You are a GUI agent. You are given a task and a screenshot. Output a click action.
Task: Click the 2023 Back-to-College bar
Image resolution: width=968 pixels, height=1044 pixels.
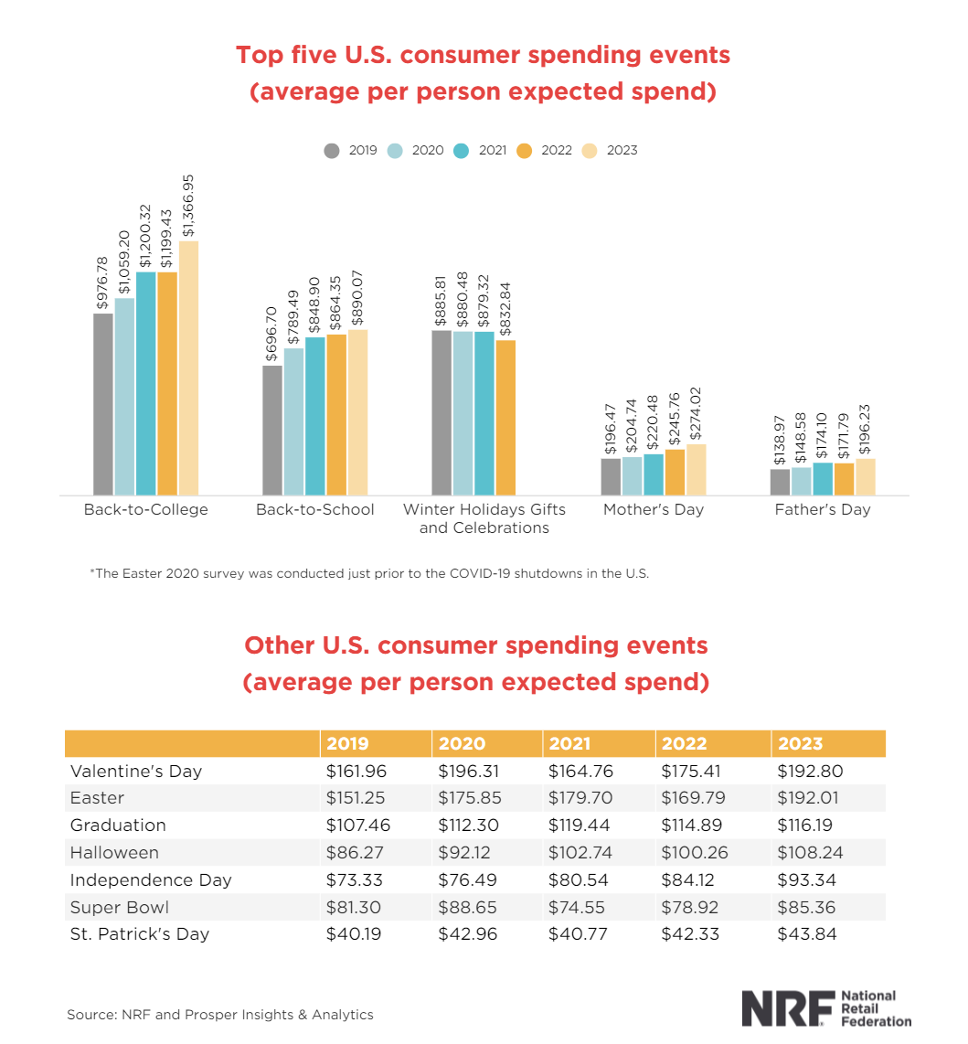(x=188, y=368)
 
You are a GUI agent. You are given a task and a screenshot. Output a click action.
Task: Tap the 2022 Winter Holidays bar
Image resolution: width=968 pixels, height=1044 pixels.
(x=505, y=417)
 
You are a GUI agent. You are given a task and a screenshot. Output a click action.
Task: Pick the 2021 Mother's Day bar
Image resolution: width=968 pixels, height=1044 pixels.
(x=654, y=474)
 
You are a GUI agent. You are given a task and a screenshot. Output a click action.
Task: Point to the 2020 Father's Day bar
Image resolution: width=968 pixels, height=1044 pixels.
(x=802, y=481)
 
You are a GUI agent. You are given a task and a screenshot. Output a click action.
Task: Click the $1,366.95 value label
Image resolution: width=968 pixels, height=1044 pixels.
(x=188, y=207)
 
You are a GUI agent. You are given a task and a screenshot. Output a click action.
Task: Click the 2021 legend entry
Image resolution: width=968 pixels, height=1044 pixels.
(x=481, y=150)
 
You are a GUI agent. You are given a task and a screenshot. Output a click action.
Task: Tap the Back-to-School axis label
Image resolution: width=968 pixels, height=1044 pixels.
(x=315, y=509)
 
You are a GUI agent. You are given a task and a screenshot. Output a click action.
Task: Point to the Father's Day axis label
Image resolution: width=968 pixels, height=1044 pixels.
(x=823, y=509)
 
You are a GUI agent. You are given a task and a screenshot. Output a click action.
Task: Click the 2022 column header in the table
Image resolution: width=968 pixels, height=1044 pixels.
(x=684, y=743)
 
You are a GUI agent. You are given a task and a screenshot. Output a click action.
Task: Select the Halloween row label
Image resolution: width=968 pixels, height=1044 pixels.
(x=114, y=852)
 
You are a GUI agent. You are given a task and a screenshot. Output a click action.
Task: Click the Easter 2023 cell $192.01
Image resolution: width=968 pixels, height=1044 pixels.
(x=808, y=798)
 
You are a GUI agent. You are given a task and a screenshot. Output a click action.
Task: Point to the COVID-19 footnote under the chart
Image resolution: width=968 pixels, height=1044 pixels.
(x=368, y=573)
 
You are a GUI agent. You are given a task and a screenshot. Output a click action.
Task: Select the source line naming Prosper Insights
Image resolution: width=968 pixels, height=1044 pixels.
(x=219, y=1014)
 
